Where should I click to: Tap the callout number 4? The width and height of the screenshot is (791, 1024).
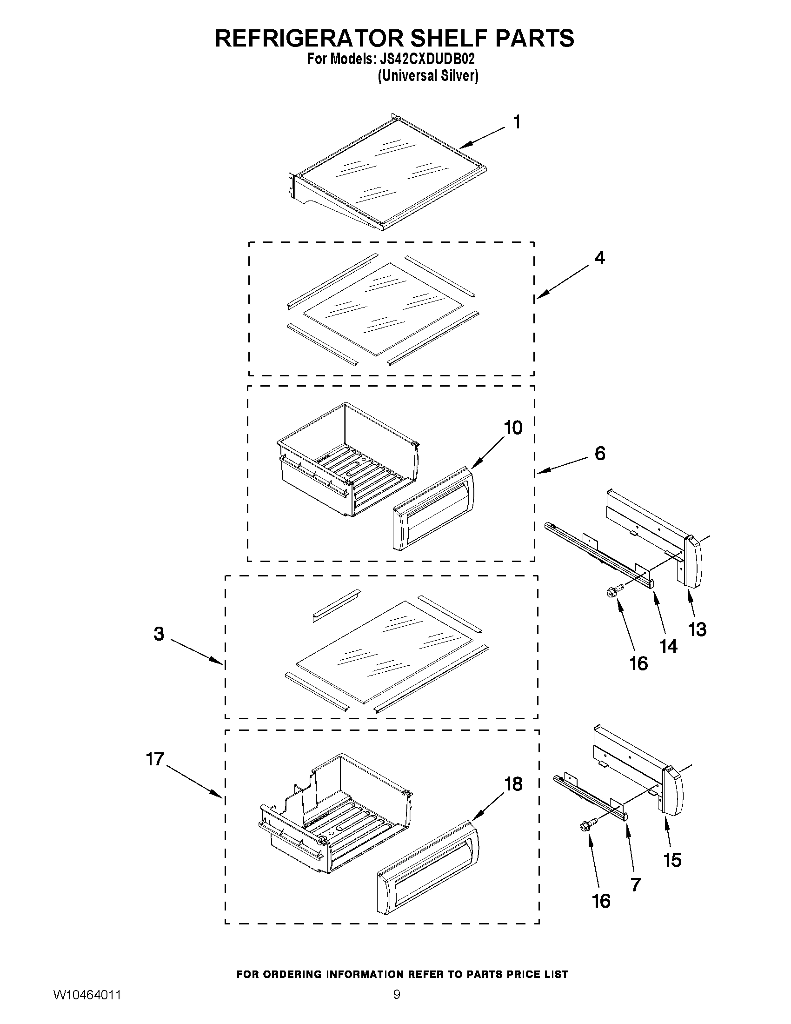click(x=599, y=258)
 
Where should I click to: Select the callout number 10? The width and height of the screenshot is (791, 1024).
click(x=513, y=428)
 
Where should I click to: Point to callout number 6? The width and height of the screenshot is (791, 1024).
click(x=600, y=454)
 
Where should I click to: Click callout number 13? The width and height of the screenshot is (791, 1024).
click(x=697, y=629)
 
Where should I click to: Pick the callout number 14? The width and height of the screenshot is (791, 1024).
click(x=668, y=646)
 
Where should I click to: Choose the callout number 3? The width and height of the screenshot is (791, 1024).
click(x=159, y=634)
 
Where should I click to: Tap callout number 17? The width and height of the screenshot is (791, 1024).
click(x=155, y=759)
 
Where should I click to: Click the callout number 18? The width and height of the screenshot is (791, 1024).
click(x=513, y=784)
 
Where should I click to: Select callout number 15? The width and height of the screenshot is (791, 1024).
click(x=672, y=860)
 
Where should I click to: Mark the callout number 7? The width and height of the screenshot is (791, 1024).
click(x=635, y=885)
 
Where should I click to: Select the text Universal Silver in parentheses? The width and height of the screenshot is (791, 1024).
click(x=428, y=75)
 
